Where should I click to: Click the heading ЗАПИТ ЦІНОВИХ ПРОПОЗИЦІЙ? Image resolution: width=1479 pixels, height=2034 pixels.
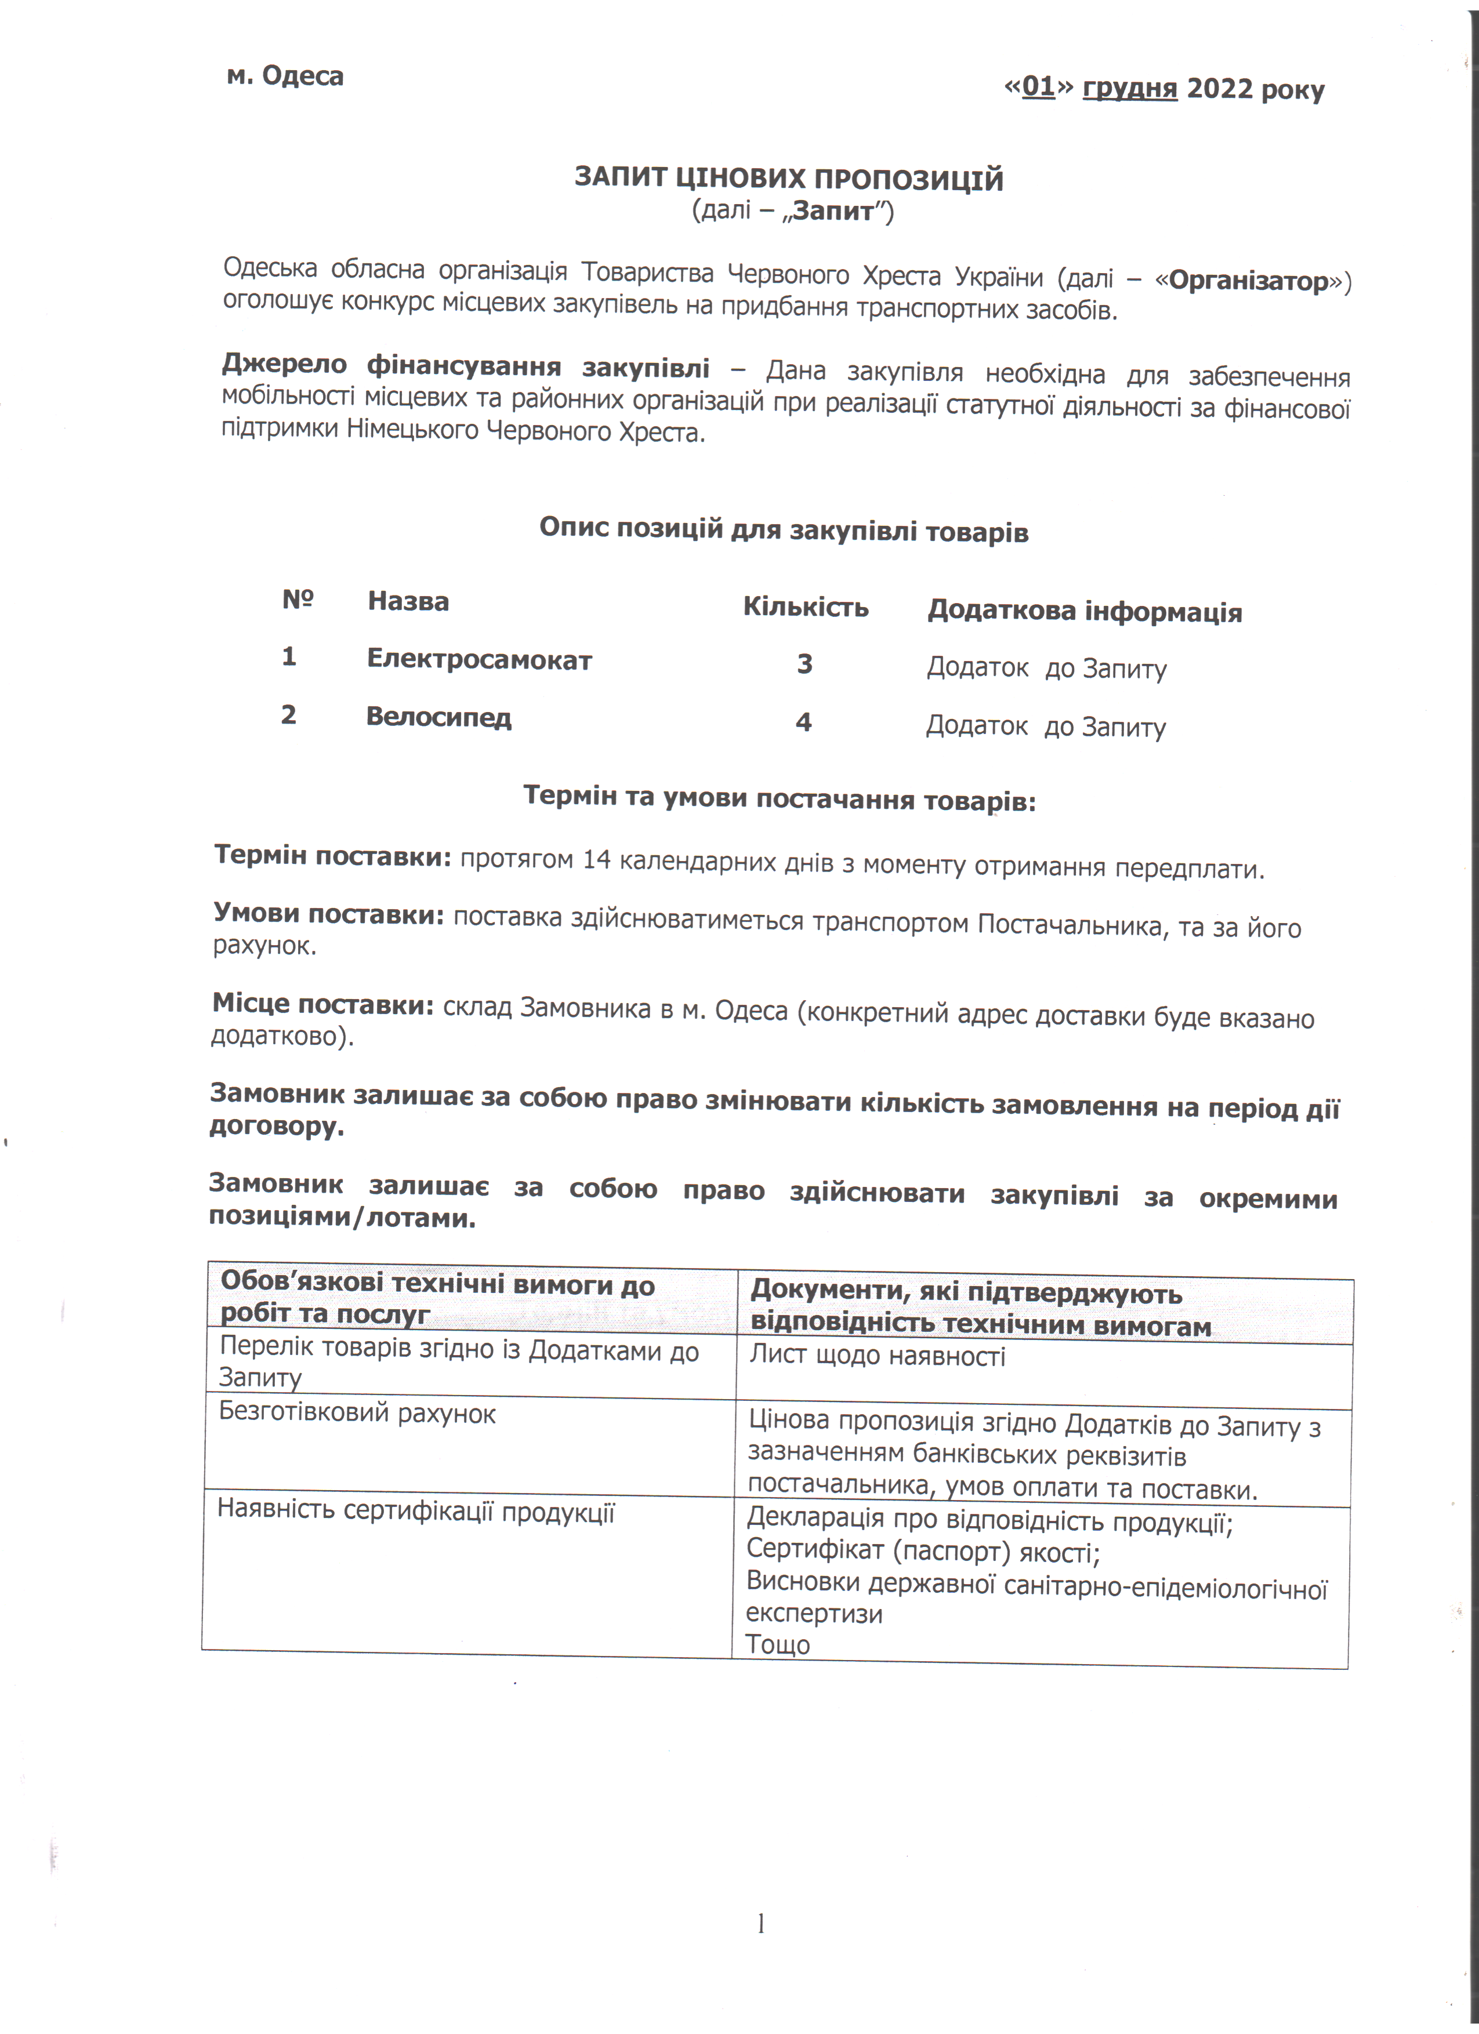click(788, 179)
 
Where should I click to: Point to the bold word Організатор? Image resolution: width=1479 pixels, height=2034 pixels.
click(1249, 282)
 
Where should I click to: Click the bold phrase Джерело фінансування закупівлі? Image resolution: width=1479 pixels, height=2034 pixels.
click(466, 367)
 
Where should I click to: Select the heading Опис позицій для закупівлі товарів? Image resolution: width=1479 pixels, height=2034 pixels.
click(783, 530)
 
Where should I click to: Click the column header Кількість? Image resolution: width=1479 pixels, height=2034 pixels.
click(806, 607)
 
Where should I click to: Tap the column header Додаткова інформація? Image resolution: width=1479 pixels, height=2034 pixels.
click(1085, 612)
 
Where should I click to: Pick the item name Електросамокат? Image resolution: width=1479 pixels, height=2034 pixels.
click(479, 660)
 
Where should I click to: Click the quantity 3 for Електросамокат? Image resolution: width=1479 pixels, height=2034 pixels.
click(804, 664)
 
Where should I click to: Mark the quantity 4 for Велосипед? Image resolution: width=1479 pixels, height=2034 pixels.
click(804, 722)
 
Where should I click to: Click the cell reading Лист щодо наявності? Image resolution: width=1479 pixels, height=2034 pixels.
click(877, 1356)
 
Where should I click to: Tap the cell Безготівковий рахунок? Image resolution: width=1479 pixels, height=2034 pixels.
click(357, 1414)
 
